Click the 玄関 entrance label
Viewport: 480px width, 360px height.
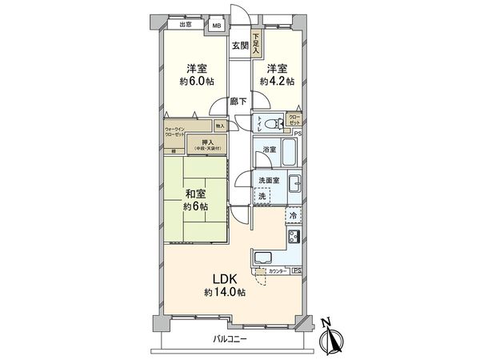[240, 46]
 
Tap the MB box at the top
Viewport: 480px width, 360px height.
[216, 26]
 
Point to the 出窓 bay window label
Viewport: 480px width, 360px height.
[185, 25]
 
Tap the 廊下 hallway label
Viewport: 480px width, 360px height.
[238, 102]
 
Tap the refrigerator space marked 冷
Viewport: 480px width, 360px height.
[293, 216]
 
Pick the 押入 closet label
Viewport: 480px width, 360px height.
[206, 144]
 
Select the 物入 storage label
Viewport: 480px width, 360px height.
[221, 126]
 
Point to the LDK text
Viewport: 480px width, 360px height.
[225, 278]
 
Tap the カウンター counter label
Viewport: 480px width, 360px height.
[277, 271]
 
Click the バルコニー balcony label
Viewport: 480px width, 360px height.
[230, 340]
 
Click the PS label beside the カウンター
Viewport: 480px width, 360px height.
[297, 271]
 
